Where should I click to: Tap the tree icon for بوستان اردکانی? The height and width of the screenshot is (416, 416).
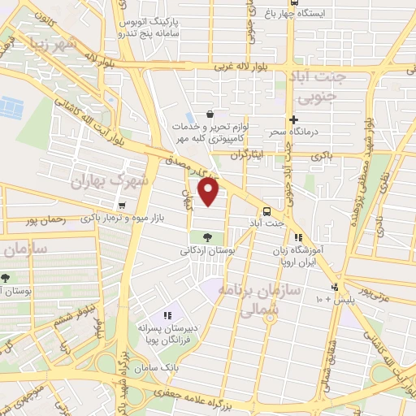(206, 237)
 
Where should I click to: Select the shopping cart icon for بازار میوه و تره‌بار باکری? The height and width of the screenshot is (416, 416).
(122, 206)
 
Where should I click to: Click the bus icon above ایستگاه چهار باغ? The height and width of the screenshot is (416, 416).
(293, 2)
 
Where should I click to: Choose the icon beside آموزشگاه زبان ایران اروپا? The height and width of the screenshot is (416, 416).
(299, 238)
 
